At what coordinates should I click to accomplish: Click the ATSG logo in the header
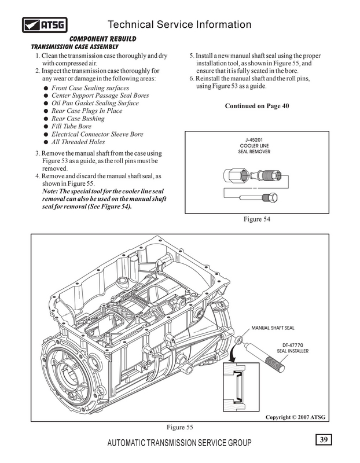(45, 25)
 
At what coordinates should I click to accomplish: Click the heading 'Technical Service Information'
(179, 24)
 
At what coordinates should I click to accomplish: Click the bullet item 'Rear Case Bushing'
(78, 119)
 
